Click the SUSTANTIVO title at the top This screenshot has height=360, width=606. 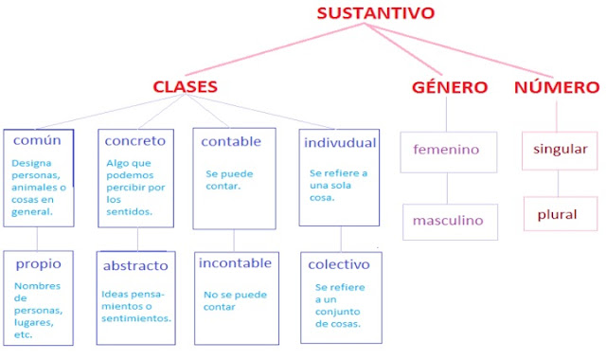click(375, 12)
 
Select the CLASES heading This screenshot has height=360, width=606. click(186, 87)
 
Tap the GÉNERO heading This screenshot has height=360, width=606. click(450, 87)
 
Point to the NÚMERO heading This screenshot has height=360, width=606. click(557, 87)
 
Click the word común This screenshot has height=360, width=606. click(38, 140)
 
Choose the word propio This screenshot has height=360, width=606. click(38, 263)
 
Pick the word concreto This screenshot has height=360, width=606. click(134, 140)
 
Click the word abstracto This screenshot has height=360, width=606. click(135, 265)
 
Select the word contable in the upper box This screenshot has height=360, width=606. click(231, 141)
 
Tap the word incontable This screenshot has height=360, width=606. click(235, 262)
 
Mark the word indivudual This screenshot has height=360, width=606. click(340, 142)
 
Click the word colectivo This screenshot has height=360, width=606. click(338, 264)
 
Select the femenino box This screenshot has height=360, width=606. click(447, 151)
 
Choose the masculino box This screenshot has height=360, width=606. click(448, 221)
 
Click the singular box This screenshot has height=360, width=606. click(561, 149)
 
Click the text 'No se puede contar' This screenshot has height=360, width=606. click(232, 300)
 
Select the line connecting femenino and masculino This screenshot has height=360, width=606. click(447, 188)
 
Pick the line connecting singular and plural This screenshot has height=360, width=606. click(559, 183)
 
